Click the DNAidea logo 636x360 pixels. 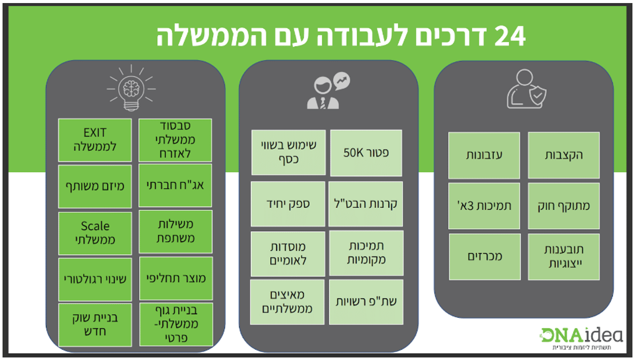581,335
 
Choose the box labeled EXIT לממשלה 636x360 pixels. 95,140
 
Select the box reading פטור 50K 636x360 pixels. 366,153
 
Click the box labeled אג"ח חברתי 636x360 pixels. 175,186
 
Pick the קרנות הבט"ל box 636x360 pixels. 366,204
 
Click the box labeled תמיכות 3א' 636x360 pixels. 484,206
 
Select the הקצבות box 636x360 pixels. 564,155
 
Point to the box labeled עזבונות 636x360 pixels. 484,155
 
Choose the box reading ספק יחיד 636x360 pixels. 288,204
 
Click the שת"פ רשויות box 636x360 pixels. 366,302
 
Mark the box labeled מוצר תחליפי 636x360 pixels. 175,278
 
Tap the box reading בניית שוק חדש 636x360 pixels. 95,325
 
